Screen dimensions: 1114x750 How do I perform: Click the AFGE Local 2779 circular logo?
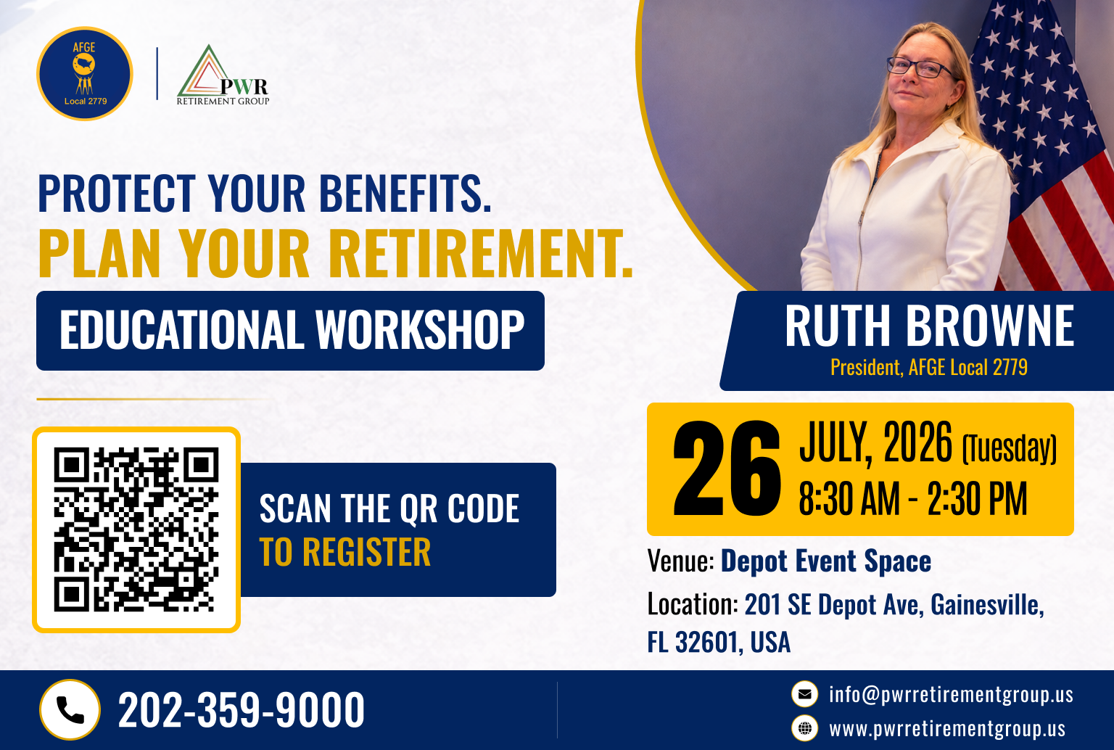coord(85,73)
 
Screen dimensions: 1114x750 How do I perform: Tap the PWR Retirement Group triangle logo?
coord(223,75)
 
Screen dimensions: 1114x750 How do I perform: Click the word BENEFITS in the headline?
coord(405,194)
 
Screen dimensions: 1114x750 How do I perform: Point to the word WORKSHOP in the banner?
coord(420,329)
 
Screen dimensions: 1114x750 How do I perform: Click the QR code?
coord(136,529)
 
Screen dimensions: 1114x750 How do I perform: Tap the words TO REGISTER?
coord(344,552)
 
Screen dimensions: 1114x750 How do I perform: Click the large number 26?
coord(727,468)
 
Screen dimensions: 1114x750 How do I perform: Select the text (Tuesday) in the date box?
coord(1009,448)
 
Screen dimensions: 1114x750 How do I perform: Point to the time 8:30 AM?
coord(849,498)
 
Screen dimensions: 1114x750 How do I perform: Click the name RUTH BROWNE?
coord(929,326)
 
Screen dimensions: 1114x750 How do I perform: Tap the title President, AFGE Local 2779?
coord(928,367)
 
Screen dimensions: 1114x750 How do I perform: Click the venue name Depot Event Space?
coord(826,561)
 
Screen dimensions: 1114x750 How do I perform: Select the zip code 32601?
coord(706,642)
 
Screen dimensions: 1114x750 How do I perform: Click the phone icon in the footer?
coord(70,709)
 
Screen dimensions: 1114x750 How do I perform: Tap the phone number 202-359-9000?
coord(242,709)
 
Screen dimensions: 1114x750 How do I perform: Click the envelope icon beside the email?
coord(804,694)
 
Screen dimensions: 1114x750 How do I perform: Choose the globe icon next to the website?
coord(804,729)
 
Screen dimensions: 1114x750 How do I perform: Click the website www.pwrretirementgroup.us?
coord(947,729)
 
